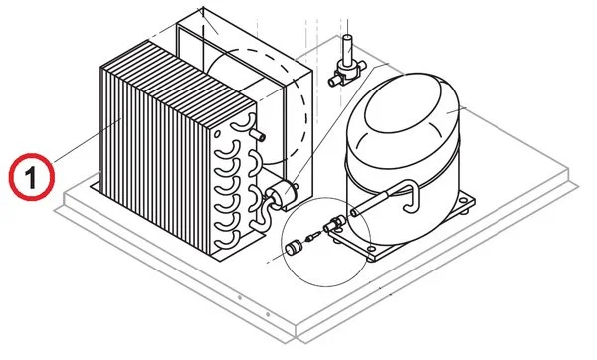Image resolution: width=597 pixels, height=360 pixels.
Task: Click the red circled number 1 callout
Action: point(32,177)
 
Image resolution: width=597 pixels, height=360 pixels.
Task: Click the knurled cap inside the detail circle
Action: point(294,248)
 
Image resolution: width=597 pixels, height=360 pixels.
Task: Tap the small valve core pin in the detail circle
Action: point(312,237)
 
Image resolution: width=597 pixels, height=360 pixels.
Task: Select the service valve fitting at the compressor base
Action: point(334,223)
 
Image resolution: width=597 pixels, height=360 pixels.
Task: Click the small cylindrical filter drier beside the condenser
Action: point(281,191)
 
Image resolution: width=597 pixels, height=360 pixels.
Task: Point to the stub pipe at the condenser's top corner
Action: point(257,134)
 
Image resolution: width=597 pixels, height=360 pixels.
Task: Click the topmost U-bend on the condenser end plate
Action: point(243,121)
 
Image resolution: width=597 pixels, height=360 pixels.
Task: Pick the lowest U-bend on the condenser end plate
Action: point(227,240)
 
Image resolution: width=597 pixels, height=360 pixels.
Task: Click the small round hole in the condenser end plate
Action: point(217,134)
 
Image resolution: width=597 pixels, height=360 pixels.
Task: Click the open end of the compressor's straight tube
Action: point(354,211)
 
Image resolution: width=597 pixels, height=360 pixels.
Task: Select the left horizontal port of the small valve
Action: point(334,81)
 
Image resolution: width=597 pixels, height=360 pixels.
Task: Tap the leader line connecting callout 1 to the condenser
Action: point(88,140)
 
